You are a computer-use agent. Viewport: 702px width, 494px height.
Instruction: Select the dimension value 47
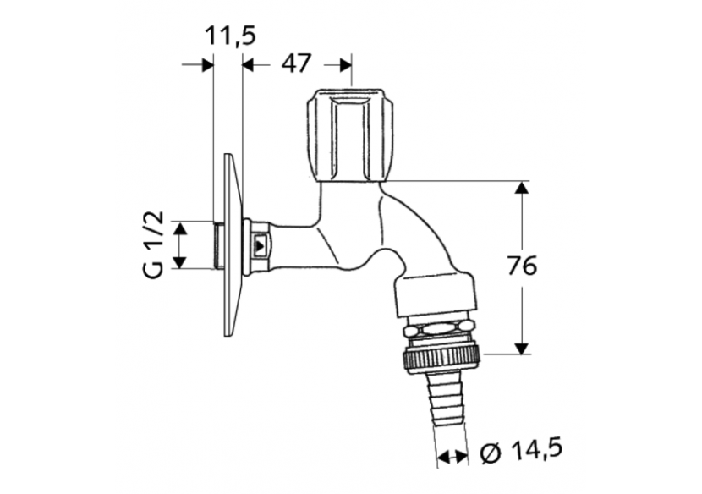296,63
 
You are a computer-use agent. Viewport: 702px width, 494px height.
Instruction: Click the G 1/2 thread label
152,245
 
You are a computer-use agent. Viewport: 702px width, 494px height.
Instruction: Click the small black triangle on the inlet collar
261,246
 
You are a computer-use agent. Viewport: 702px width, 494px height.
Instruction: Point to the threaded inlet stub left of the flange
218,245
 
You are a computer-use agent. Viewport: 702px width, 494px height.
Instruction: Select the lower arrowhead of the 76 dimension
522,346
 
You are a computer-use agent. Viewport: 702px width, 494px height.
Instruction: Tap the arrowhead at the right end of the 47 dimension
344,64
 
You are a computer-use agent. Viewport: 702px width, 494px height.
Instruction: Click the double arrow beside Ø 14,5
452,457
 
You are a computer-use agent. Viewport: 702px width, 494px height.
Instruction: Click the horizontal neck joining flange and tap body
292,245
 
